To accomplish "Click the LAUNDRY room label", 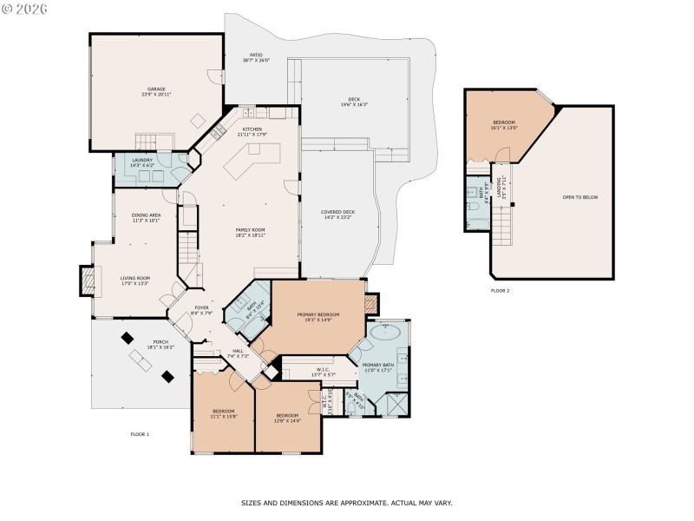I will click(142, 162).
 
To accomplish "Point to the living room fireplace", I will click(86, 279).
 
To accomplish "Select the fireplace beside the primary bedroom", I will click(371, 304).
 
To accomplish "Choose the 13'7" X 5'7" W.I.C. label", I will click(323, 372).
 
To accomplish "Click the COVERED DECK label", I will click(337, 214).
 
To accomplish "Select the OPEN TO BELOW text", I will click(580, 197).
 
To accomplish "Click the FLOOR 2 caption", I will click(500, 290).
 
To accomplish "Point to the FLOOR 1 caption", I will click(140, 433).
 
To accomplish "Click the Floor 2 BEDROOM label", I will click(504, 124).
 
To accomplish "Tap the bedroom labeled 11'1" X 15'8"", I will click(223, 413).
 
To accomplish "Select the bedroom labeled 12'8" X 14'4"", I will click(287, 418).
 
